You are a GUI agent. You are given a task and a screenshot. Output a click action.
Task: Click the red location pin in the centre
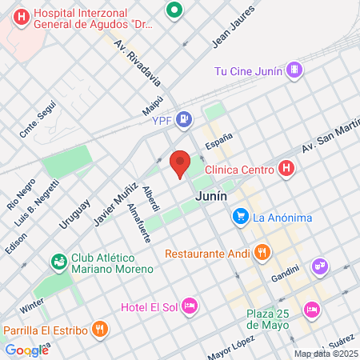pos(180,162)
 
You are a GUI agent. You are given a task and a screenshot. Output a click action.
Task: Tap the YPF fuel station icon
pos(185,120)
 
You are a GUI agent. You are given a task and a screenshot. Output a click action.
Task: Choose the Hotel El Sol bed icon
pos(190,306)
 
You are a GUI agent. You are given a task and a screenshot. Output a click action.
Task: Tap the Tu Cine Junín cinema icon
pos(295,70)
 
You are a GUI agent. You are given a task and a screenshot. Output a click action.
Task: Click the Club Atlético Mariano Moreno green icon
pos(58,262)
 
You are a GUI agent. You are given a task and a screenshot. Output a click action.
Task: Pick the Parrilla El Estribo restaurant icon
pos(99,328)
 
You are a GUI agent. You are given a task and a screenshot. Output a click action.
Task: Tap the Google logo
pos(26,350)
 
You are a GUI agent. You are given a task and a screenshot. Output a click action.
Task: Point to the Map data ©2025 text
pos(325,353)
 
